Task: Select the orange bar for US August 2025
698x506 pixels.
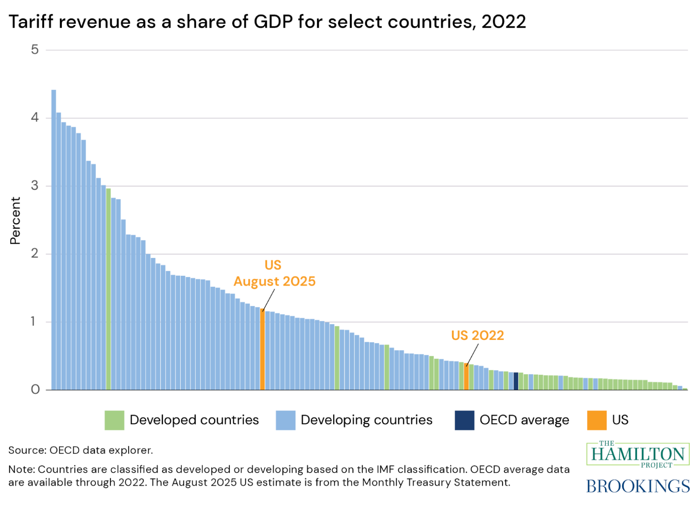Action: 262,349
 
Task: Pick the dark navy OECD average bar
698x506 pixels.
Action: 516,381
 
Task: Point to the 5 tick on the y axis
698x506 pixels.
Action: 35,50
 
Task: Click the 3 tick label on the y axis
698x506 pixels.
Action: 35,186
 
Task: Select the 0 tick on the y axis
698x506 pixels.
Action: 35,390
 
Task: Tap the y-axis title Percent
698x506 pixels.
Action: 15,221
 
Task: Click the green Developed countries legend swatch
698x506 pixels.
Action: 114,420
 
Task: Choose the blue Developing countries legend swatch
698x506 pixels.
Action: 285,420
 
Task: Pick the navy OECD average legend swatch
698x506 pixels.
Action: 465,420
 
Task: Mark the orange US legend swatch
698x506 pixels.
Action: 597,420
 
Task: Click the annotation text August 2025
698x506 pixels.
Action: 275,281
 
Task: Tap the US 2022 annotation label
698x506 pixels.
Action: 477,335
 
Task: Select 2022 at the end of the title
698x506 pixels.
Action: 504,22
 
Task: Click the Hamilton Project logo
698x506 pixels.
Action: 638,454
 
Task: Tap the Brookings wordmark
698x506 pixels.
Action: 638,486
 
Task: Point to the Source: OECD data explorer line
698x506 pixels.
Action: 81,450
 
